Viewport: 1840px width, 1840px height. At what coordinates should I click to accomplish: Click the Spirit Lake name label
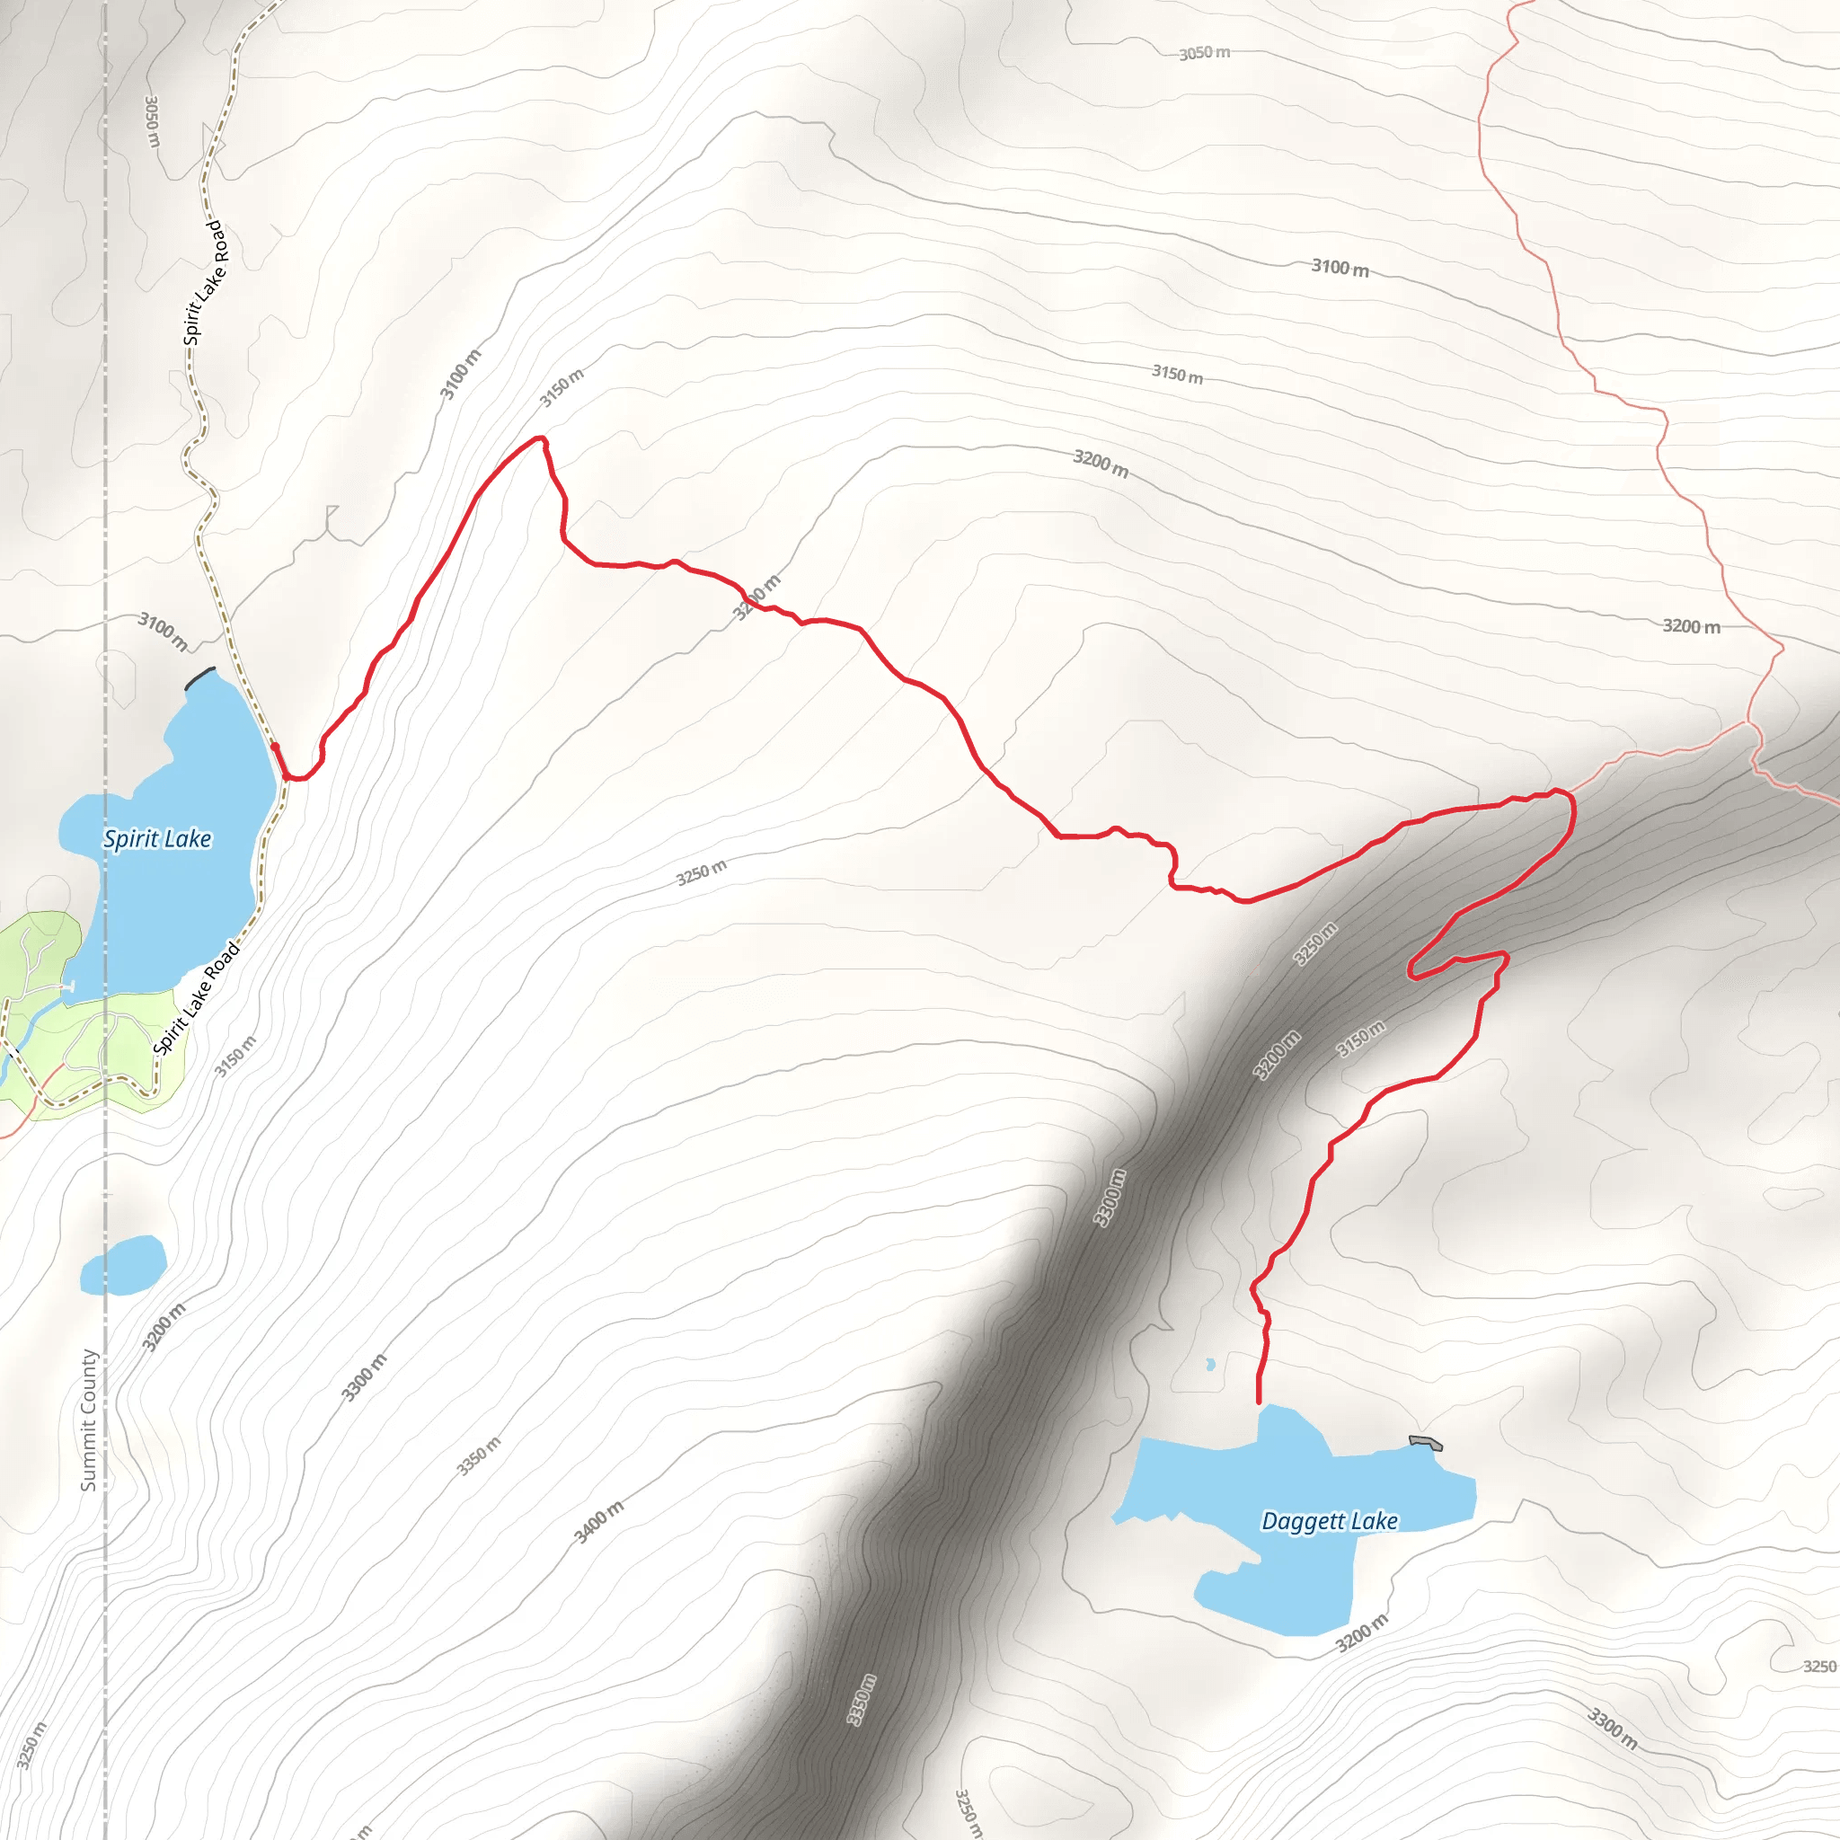pos(157,838)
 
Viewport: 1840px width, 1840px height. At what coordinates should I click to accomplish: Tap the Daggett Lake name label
pos(1330,1521)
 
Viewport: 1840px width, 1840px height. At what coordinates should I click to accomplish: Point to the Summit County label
pos(89,1419)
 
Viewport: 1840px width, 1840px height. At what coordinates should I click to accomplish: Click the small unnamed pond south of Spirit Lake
pos(124,1266)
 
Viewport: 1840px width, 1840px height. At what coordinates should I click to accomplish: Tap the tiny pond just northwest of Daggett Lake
pos(1210,1365)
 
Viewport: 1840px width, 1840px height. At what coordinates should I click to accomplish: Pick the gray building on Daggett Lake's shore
pos(1426,1444)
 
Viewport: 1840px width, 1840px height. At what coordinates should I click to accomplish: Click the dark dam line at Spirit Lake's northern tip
pos(200,677)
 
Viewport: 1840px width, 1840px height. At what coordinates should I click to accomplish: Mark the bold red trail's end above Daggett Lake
pos(1259,1402)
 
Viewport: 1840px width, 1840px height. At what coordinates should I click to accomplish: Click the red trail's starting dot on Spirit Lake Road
pos(274,747)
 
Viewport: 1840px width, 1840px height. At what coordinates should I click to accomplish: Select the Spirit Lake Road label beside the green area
pos(196,998)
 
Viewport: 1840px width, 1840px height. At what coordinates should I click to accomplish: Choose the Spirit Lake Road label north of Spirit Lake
pos(204,283)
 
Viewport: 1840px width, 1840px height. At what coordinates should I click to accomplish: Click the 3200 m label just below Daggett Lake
pos(1362,1634)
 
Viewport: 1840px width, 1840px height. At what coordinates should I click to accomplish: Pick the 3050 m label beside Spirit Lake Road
pos(152,121)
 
